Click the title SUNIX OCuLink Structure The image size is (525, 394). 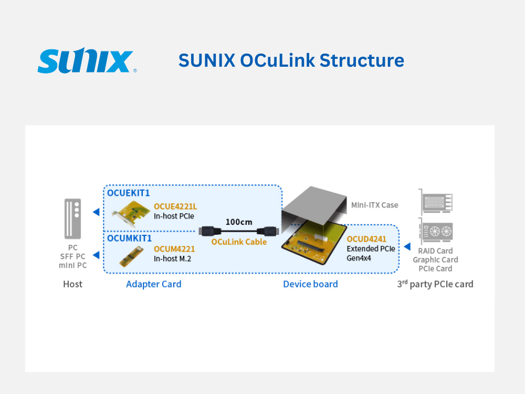point(291,60)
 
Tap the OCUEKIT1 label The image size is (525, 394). point(129,193)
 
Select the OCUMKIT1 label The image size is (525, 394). point(129,238)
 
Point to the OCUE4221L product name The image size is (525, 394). point(175,206)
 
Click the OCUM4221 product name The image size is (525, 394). point(174,249)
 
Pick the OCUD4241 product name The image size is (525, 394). point(366,240)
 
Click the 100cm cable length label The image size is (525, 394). point(239,222)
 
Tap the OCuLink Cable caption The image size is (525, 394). point(239,242)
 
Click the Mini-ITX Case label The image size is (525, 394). point(375,205)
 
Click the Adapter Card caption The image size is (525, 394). point(154,284)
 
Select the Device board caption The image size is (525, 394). point(310,284)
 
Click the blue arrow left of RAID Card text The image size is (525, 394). point(406,246)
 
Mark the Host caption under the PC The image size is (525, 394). point(72,284)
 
